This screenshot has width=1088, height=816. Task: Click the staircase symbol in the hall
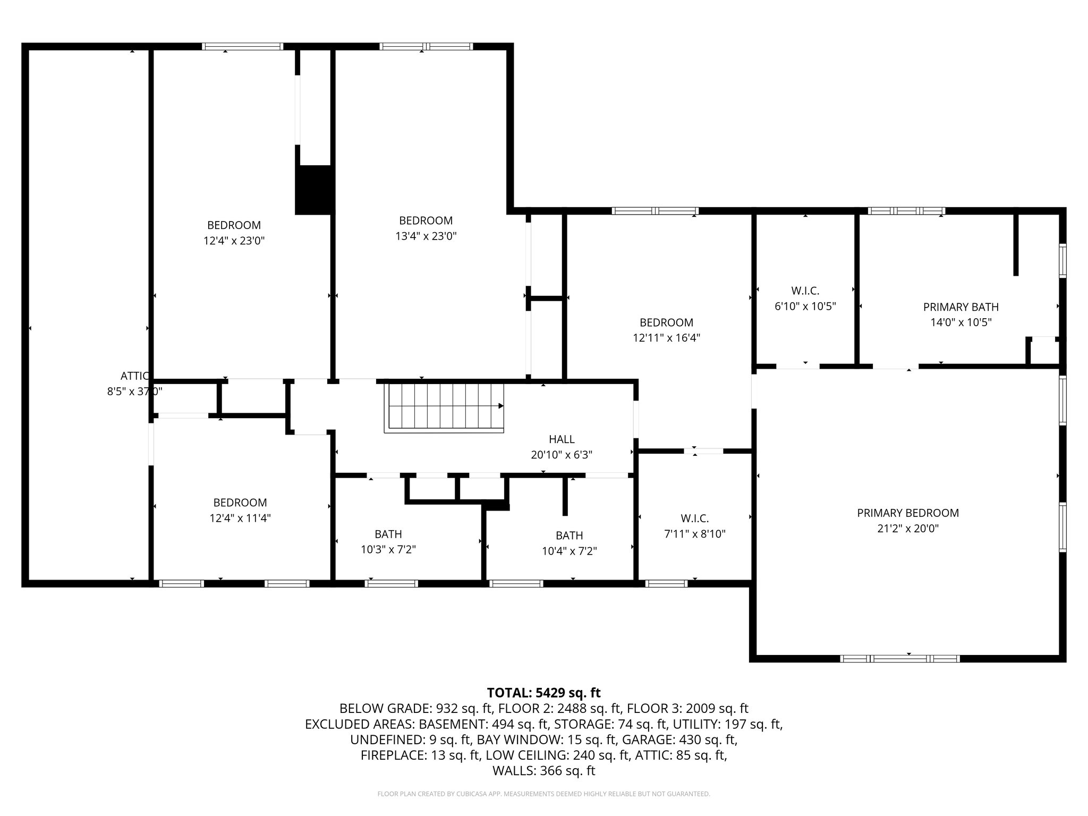(444, 408)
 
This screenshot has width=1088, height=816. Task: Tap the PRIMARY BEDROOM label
(908, 513)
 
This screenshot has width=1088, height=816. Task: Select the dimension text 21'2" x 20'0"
(908, 529)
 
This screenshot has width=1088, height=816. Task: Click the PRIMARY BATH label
(960, 307)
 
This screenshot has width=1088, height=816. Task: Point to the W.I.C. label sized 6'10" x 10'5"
(805, 291)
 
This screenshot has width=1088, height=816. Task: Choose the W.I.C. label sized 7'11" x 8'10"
(694, 518)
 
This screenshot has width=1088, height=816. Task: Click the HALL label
(562, 439)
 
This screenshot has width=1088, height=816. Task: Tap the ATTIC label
(135, 376)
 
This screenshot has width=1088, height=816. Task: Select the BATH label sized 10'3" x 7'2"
(388, 534)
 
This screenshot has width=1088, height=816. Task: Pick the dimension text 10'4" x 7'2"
(569, 551)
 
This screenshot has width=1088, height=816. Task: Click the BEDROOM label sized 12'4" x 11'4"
(240, 503)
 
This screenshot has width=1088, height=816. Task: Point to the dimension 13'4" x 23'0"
(426, 236)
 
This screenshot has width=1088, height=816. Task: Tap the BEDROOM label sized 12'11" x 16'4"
(666, 322)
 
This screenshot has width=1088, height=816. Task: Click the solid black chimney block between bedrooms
(314, 190)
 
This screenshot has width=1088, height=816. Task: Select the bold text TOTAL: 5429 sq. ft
(543, 693)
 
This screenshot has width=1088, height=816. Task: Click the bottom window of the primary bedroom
(899, 659)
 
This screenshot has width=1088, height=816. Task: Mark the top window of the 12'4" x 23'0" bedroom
(243, 47)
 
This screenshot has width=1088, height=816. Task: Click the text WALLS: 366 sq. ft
(543, 771)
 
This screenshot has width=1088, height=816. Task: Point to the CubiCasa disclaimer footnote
(543, 794)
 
